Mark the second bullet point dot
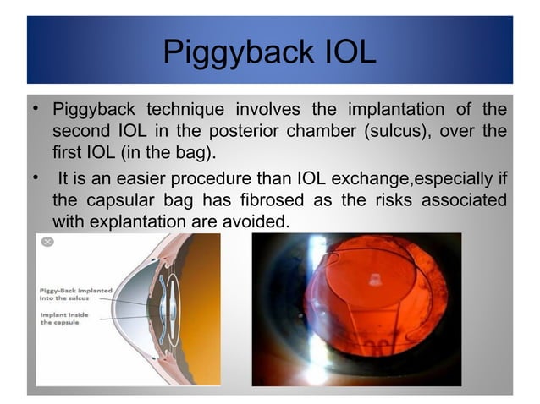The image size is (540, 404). coord(35,178)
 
